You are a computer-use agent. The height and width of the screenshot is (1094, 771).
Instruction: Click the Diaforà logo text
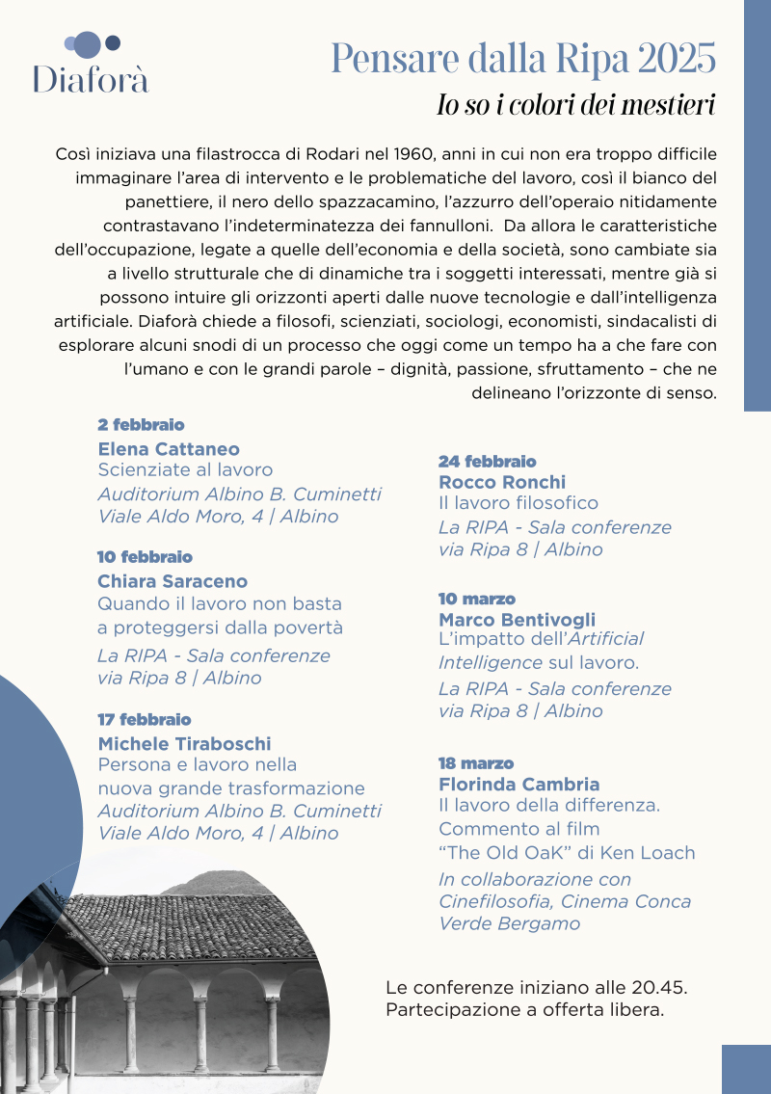pyautogui.click(x=91, y=78)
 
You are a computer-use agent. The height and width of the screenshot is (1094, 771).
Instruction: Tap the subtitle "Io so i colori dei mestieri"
pyautogui.click(x=575, y=105)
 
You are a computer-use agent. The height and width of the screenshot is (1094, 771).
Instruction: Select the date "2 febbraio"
pyautogui.click(x=141, y=425)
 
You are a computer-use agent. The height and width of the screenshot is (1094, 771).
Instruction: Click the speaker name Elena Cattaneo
pyautogui.click(x=169, y=449)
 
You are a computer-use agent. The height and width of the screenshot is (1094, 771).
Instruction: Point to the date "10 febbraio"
pyautogui.click(x=145, y=557)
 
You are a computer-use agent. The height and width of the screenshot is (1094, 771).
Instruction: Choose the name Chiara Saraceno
pyautogui.click(x=173, y=581)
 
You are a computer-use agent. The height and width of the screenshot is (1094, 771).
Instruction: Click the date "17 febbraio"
pyautogui.click(x=145, y=720)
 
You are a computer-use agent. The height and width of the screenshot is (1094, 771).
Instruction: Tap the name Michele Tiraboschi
pyautogui.click(x=184, y=743)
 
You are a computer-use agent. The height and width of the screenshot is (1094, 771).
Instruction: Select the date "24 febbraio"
pyautogui.click(x=487, y=462)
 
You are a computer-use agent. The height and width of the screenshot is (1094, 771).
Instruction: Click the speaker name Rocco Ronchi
pyautogui.click(x=502, y=482)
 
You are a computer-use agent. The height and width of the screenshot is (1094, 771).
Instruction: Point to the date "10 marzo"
pyautogui.click(x=477, y=600)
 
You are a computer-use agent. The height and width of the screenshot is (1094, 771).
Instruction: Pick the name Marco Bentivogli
pyautogui.click(x=517, y=620)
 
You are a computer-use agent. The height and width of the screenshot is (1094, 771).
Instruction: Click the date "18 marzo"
pyautogui.click(x=476, y=763)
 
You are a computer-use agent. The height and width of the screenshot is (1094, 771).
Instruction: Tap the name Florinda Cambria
pyautogui.click(x=518, y=784)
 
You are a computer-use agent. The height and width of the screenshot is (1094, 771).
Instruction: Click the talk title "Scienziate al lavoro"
pyautogui.click(x=185, y=470)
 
